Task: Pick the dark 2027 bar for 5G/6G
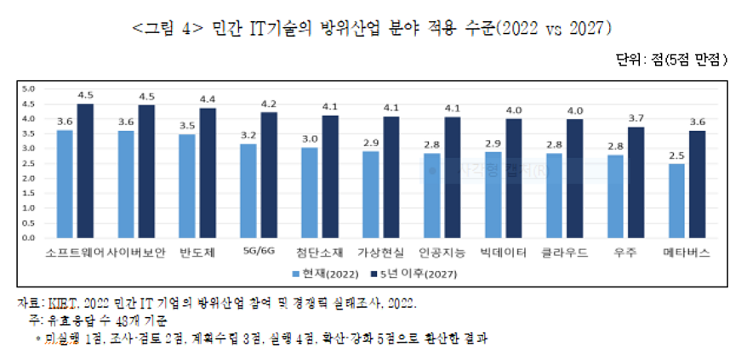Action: click(270, 178)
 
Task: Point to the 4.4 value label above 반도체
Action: click(208, 99)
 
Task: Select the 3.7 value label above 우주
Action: click(635, 119)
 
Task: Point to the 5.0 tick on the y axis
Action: click(27, 88)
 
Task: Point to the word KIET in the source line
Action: click(66, 303)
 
